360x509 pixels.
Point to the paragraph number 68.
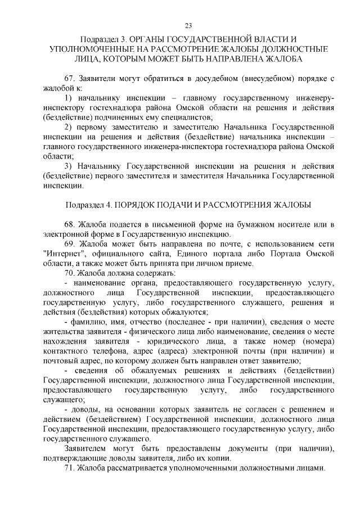70,224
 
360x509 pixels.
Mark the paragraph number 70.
70,273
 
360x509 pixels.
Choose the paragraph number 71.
70,468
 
